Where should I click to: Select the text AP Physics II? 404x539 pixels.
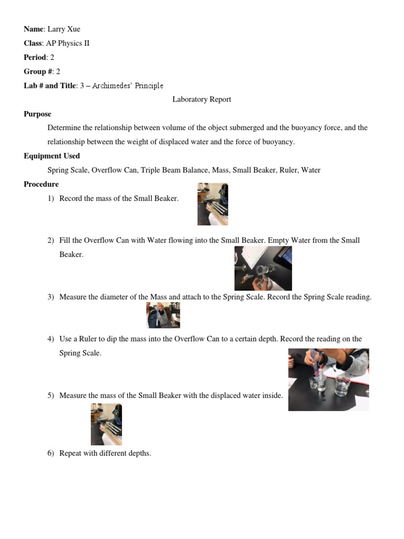[68, 43]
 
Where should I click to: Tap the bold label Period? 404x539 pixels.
[35, 57]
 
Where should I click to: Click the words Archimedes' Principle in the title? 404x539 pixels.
[128, 86]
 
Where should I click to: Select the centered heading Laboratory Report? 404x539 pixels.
[201, 99]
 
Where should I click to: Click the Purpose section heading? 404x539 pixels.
[37, 114]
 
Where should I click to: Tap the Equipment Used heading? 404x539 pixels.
[52, 156]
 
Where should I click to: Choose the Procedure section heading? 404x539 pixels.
[41, 184]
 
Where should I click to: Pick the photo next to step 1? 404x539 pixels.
[213, 204]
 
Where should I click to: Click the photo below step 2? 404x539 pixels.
[263, 268]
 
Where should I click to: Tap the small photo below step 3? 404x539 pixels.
[163, 315]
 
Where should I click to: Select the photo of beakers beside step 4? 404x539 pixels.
[328, 379]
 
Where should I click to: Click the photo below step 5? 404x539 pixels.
[106, 424]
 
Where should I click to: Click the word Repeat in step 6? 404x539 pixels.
[71, 453]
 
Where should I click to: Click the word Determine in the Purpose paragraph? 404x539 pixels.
[64, 128]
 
